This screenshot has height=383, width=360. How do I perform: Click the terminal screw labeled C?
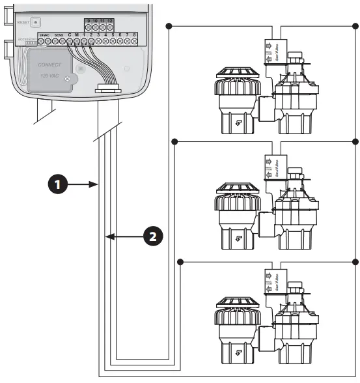click(x=70, y=41)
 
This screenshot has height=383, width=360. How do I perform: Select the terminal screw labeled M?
click(x=77, y=41)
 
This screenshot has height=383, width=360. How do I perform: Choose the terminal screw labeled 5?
click(x=113, y=41)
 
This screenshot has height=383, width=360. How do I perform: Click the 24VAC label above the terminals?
click(x=44, y=34)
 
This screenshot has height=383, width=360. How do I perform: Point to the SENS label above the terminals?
click(x=59, y=34)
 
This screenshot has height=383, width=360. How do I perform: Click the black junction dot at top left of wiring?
click(x=170, y=26)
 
